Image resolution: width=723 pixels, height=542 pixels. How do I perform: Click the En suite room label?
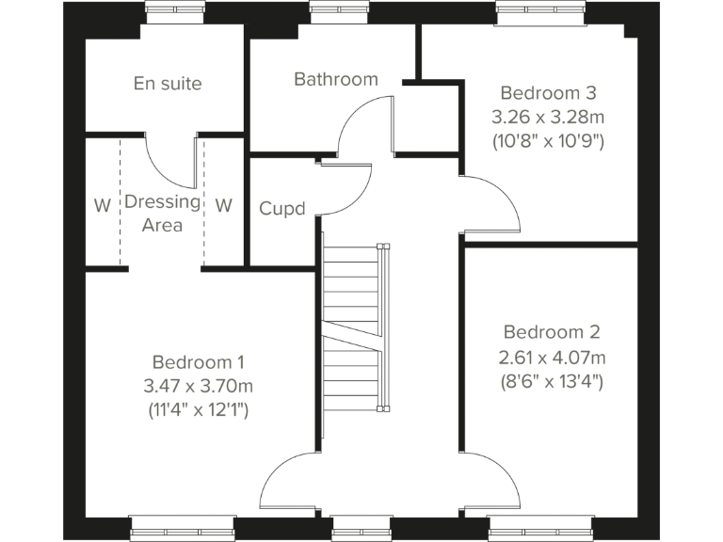(x=168, y=84)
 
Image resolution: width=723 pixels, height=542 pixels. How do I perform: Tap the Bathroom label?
(x=336, y=79)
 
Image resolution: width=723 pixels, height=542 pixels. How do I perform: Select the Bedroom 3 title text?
(x=548, y=93)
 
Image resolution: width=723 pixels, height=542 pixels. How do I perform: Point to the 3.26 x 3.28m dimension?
(x=548, y=118)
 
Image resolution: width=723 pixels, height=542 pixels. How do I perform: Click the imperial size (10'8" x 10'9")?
(x=548, y=142)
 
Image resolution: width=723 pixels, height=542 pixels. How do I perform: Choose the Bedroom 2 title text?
(x=552, y=332)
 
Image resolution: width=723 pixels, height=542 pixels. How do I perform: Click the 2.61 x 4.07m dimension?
(x=552, y=357)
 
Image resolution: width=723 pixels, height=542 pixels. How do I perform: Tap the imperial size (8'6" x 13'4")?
(x=552, y=381)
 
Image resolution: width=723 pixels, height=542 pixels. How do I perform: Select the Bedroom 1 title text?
(x=199, y=362)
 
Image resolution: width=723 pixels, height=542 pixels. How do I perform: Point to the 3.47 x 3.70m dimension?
(x=199, y=386)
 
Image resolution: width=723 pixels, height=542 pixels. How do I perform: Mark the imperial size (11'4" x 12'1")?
(x=199, y=410)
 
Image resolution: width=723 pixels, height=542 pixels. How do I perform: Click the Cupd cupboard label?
(x=282, y=208)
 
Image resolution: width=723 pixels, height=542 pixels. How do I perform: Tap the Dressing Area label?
(x=162, y=213)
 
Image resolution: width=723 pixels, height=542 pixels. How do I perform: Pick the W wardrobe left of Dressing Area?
(x=102, y=205)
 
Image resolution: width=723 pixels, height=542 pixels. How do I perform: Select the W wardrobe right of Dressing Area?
(x=223, y=205)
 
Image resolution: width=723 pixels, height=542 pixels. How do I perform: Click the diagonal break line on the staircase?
(x=351, y=336)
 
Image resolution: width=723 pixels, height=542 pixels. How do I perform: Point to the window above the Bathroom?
(x=338, y=11)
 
